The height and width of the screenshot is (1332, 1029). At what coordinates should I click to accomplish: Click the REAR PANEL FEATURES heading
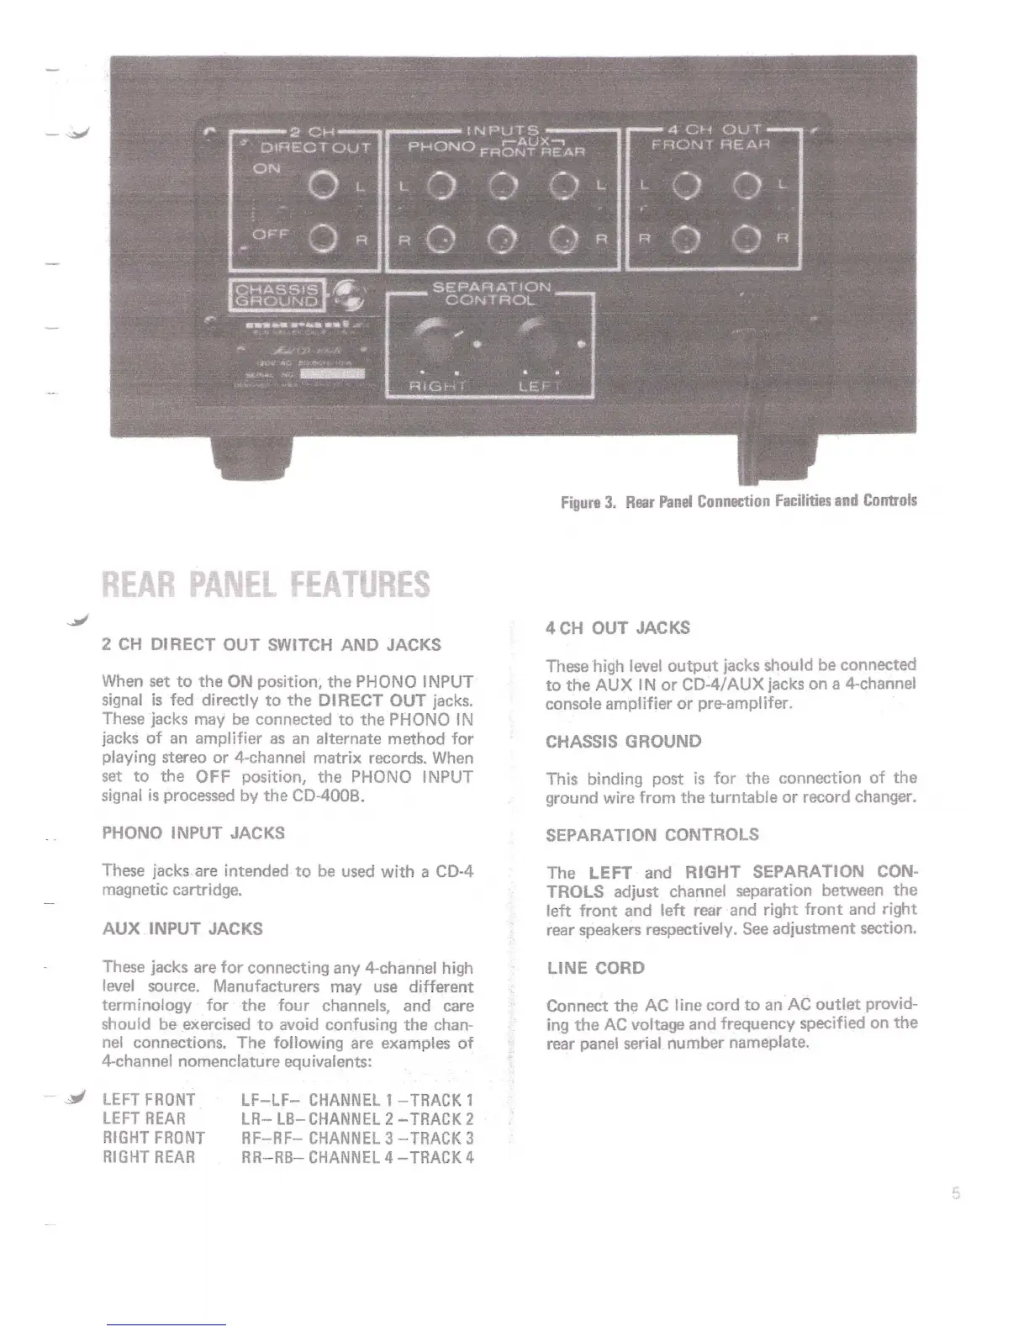click(x=265, y=584)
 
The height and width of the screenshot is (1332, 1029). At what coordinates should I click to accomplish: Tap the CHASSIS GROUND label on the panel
click(x=276, y=293)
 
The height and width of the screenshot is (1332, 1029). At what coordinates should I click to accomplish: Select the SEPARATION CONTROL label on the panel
click(x=491, y=293)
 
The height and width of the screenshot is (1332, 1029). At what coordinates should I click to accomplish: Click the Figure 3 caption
click(x=738, y=501)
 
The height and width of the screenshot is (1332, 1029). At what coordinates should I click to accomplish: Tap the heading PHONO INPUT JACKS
click(x=193, y=833)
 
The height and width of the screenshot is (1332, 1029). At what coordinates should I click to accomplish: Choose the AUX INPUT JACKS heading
click(x=182, y=929)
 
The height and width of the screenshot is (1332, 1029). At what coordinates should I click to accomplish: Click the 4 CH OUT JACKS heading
click(x=618, y=627)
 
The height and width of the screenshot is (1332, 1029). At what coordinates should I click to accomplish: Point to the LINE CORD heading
click(x=595, y=968)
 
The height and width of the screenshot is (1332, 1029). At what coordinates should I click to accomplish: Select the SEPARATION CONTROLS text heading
click(x=652, y=835)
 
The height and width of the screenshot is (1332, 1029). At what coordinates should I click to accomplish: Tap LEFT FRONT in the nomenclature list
click(x=148, y=1100)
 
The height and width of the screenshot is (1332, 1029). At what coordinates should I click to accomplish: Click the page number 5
click(x=956, y=1194)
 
